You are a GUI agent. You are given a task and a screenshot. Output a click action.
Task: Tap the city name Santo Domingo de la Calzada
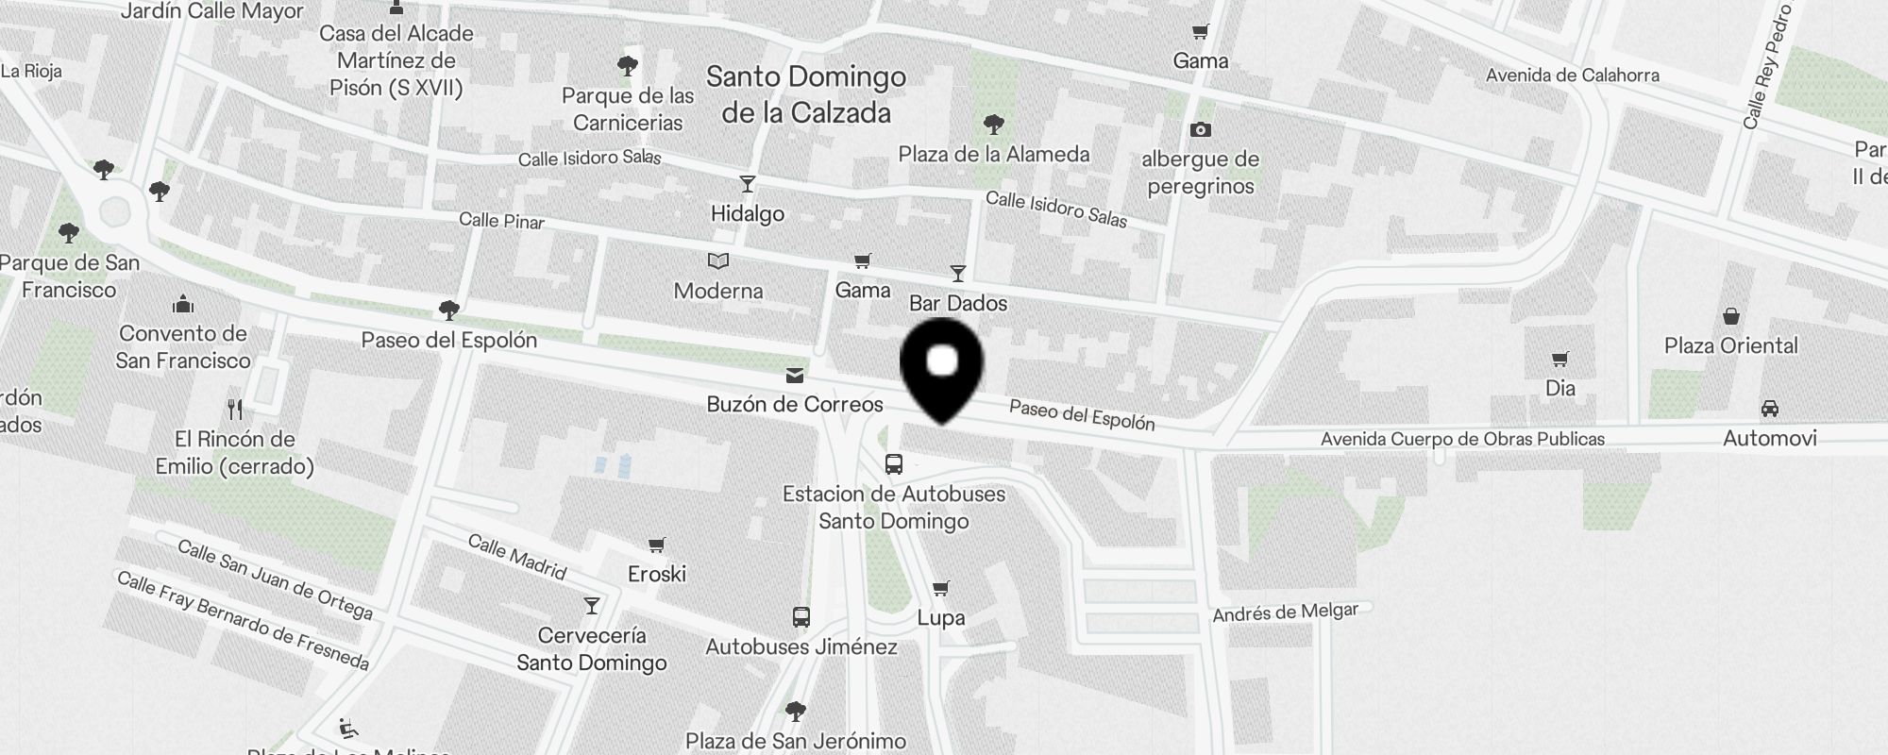point(806,94)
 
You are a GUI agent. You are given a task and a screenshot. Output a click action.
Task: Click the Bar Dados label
point(958,303)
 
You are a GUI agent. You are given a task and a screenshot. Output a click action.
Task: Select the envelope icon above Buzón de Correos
point(795,376)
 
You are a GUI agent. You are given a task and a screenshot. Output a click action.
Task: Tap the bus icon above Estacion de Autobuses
point(894,463)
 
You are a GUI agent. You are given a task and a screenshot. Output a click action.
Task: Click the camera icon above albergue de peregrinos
point(1201,129)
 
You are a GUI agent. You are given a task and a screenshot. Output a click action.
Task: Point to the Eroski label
point(657,574)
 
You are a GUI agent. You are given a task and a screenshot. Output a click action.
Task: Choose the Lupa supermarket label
point(941,618)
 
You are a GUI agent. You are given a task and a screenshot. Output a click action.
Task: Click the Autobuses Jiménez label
point(801,646)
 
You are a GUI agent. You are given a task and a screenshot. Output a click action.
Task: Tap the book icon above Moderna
point(718,260)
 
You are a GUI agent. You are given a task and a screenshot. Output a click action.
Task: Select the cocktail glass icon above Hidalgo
point(748,184)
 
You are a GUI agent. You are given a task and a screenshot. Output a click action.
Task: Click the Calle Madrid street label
point(517,557)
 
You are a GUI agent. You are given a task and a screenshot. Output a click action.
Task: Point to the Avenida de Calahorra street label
point(1572,75)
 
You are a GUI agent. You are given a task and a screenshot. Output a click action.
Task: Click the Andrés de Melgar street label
point(1285,613)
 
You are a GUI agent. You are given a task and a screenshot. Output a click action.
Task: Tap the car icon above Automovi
point(1769,409)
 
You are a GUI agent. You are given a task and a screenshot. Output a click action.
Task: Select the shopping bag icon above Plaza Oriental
point(1731,316)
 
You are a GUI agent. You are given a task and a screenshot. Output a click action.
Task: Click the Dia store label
point(1560,388)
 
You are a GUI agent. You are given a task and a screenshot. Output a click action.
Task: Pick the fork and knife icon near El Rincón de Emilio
point(236,409)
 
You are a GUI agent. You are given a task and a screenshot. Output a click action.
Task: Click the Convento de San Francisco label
point(183,347)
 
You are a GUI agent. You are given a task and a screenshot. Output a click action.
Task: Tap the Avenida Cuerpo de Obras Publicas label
point(1462,439)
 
